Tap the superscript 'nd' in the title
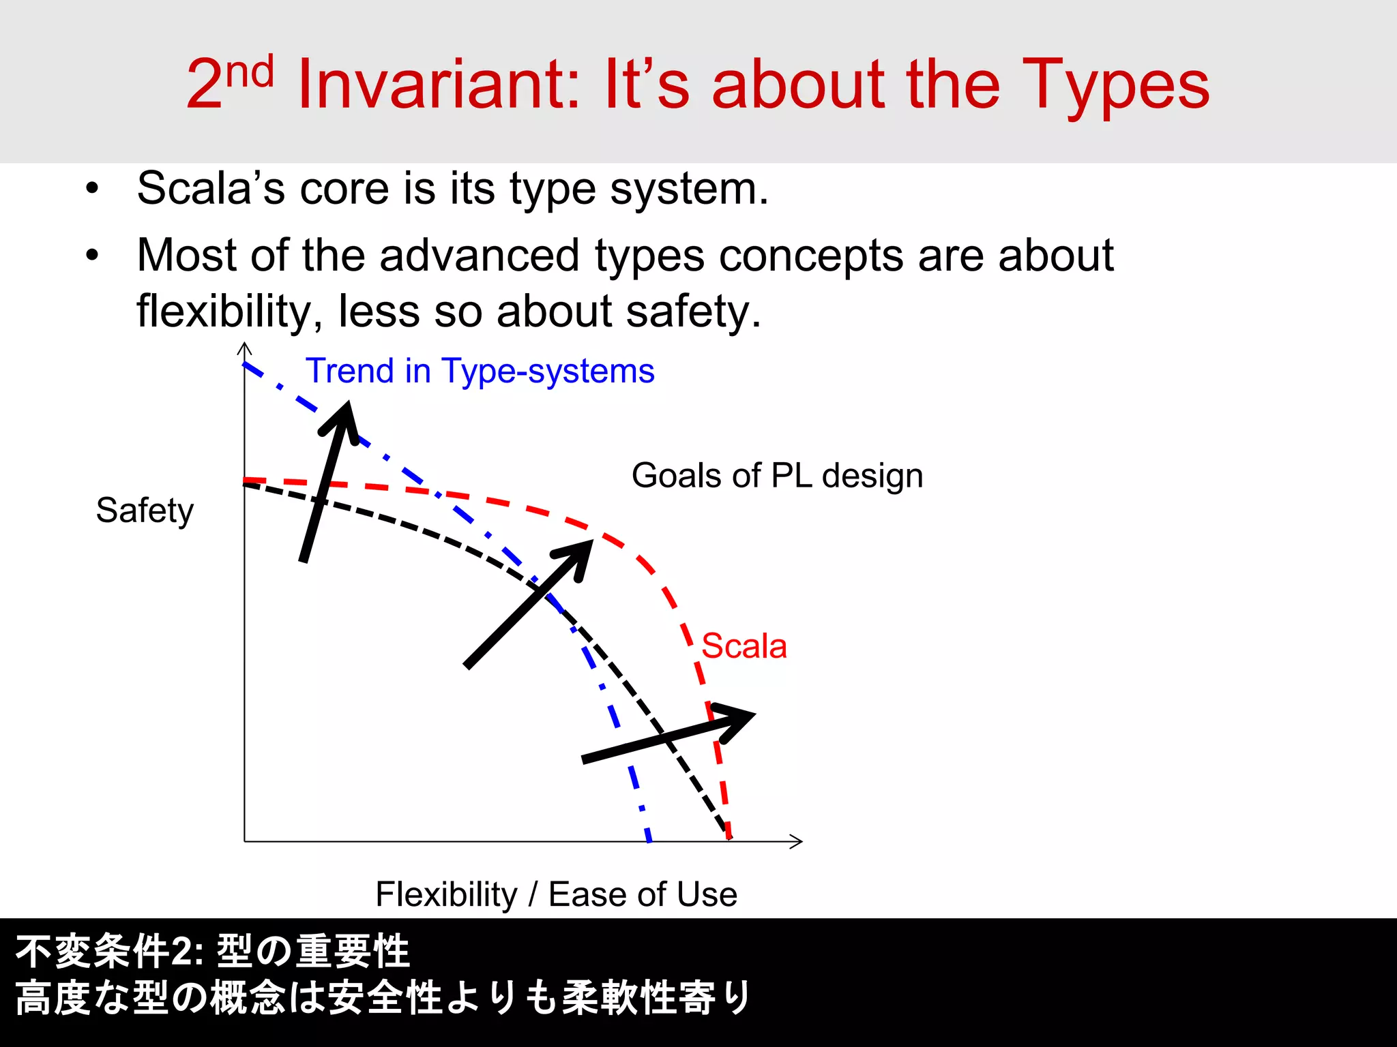(x=250, y=72)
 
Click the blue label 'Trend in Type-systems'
(x=480, y=371)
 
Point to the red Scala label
(x=744, y=646)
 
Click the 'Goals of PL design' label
(x=777, y=475)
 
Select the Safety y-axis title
(x=145, y=511)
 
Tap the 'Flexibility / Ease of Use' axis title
(x=556, y=894)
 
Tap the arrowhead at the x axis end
(x=797, y=841)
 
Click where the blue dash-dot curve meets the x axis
(x=649, y=840)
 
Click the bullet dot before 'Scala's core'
(x=93, y=188)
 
